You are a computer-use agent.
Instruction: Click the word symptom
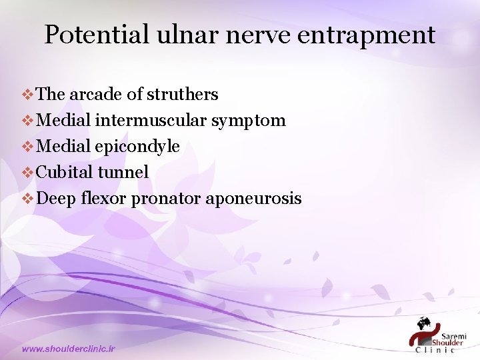(x=250, y=121)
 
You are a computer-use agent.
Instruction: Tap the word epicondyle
(x=137, y=147)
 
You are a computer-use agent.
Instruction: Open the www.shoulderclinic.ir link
(x=69, y=349)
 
